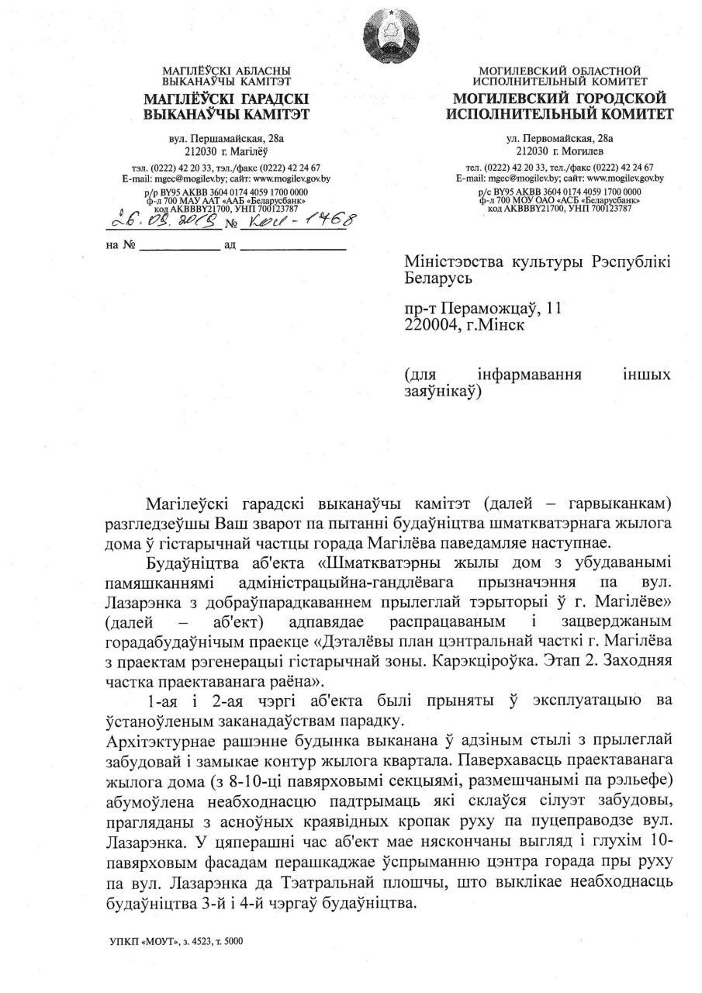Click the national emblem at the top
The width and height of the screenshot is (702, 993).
point(391,35)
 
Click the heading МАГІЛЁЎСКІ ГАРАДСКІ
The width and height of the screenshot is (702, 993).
point(227,99)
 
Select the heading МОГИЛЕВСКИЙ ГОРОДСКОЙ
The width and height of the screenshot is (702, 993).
point(560,99)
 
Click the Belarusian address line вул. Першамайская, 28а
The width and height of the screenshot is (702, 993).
point(227,138)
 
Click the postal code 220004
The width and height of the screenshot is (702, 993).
point(432,325)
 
